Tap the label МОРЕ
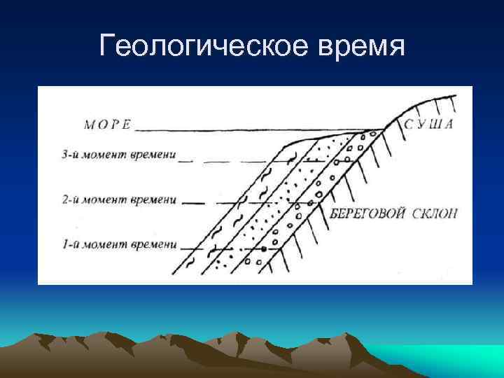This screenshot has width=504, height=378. (x=107, y=126)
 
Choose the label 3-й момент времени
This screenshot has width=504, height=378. (x=117, y=155)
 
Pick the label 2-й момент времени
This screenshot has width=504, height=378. (x=117, y=200)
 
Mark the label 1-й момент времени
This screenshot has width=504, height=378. (x=117, y=244)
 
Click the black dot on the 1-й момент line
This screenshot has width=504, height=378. (x=263, y=248)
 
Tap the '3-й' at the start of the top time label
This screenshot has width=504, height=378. (x=69, y=155)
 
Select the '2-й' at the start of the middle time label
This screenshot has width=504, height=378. (x=69, y=200)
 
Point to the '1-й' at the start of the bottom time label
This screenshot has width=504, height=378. (x=69, y=244)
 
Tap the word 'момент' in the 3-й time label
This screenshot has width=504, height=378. (x=105, y=155)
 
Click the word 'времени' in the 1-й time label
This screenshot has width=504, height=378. (x=153, y=244)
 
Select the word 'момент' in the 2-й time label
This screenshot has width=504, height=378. (x=105, y=200)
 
